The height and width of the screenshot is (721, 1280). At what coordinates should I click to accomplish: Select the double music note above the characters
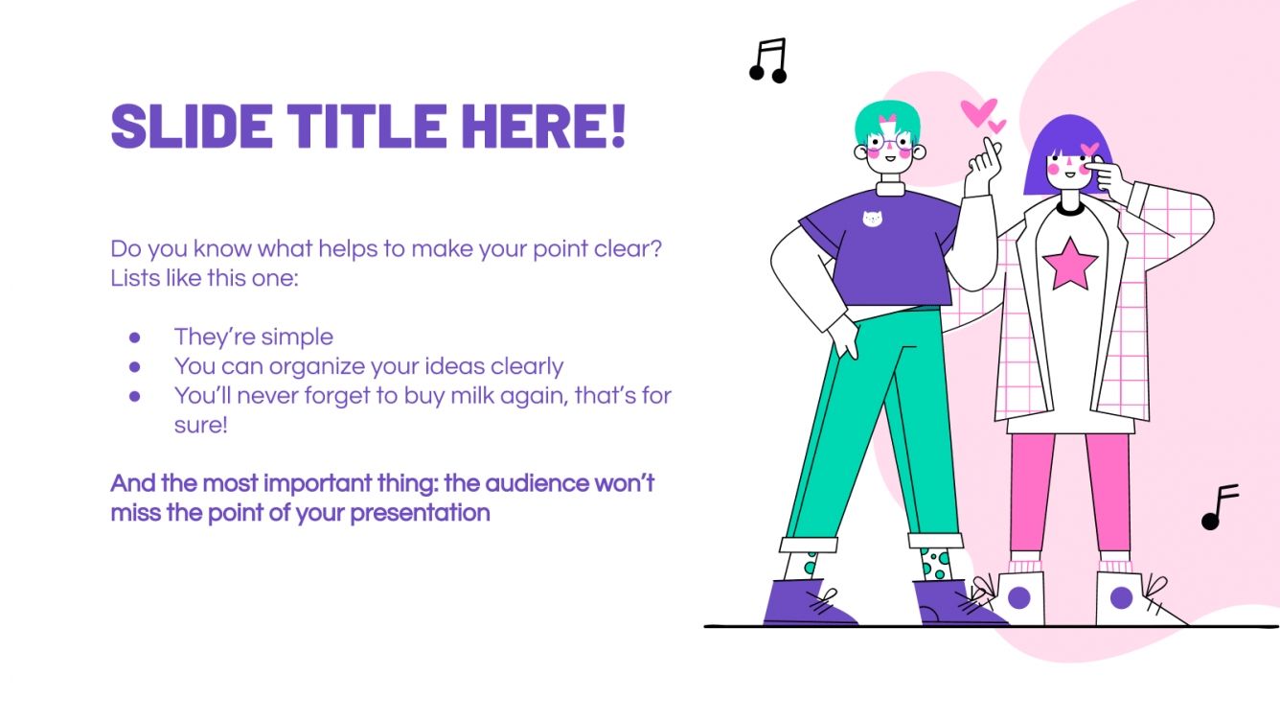[768, 60]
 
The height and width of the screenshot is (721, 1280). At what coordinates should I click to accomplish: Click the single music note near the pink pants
[1219, 506]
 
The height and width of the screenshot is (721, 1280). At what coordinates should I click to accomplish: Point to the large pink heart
[977, 113]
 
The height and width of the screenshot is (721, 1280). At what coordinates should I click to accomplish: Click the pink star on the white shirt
[1069, 265]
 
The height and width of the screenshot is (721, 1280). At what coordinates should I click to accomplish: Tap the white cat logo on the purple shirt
[872, 219]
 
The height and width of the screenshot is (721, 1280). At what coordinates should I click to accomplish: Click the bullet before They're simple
[135, 337]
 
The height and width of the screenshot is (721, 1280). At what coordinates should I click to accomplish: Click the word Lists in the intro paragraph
[133, 278]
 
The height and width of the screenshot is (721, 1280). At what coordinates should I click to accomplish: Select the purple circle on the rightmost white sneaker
[1121, 599]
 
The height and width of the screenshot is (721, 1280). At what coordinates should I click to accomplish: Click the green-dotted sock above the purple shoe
[933, 563]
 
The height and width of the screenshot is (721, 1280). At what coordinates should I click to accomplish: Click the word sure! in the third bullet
[200, 424]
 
